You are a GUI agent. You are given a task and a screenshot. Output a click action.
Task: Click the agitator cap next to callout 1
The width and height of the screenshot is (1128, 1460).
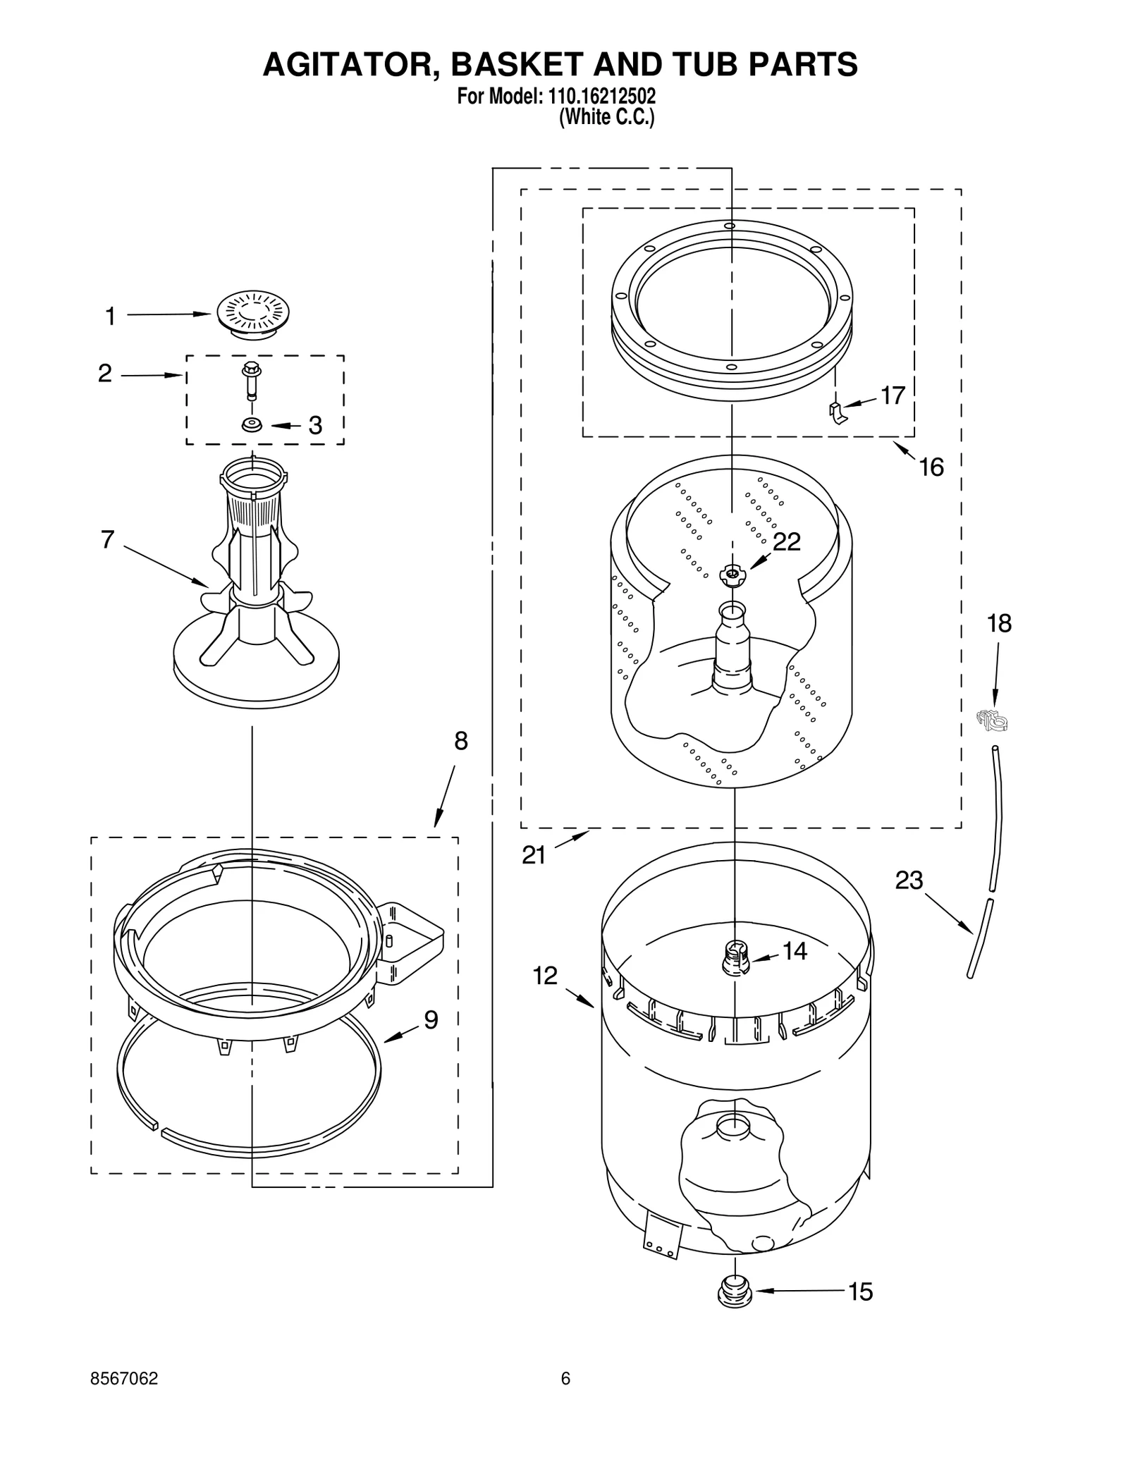tap(254, 314)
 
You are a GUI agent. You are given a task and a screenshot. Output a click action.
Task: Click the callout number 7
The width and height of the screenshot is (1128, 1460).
tap(107, 539)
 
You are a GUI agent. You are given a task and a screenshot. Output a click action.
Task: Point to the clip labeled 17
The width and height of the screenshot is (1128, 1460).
tap(837, 412)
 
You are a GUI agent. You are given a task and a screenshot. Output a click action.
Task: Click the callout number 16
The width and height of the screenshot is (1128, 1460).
tap(931, 467)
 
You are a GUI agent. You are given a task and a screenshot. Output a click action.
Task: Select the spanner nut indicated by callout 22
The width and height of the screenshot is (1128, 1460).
tap(732, 575)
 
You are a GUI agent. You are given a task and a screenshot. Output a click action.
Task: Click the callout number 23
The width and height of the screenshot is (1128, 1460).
tap(909, 880)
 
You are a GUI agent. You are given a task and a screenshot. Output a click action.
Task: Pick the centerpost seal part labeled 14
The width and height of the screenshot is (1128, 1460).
tap(735, 959)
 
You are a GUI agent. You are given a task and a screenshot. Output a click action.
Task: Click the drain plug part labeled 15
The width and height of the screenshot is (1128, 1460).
tap(734, 1293)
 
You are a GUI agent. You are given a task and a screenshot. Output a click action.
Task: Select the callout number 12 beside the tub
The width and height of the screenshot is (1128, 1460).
tap(545, 976)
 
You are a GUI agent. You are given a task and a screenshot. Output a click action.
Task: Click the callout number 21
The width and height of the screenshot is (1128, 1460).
tap(534, 855)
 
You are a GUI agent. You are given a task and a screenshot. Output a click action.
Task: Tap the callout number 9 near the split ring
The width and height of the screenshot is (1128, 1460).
tap(431, 1019)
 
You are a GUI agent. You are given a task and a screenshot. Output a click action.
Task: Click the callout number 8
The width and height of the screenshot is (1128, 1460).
tap(460, 741)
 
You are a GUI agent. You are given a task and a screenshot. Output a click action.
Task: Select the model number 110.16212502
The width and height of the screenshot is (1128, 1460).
tap(601, 96)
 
